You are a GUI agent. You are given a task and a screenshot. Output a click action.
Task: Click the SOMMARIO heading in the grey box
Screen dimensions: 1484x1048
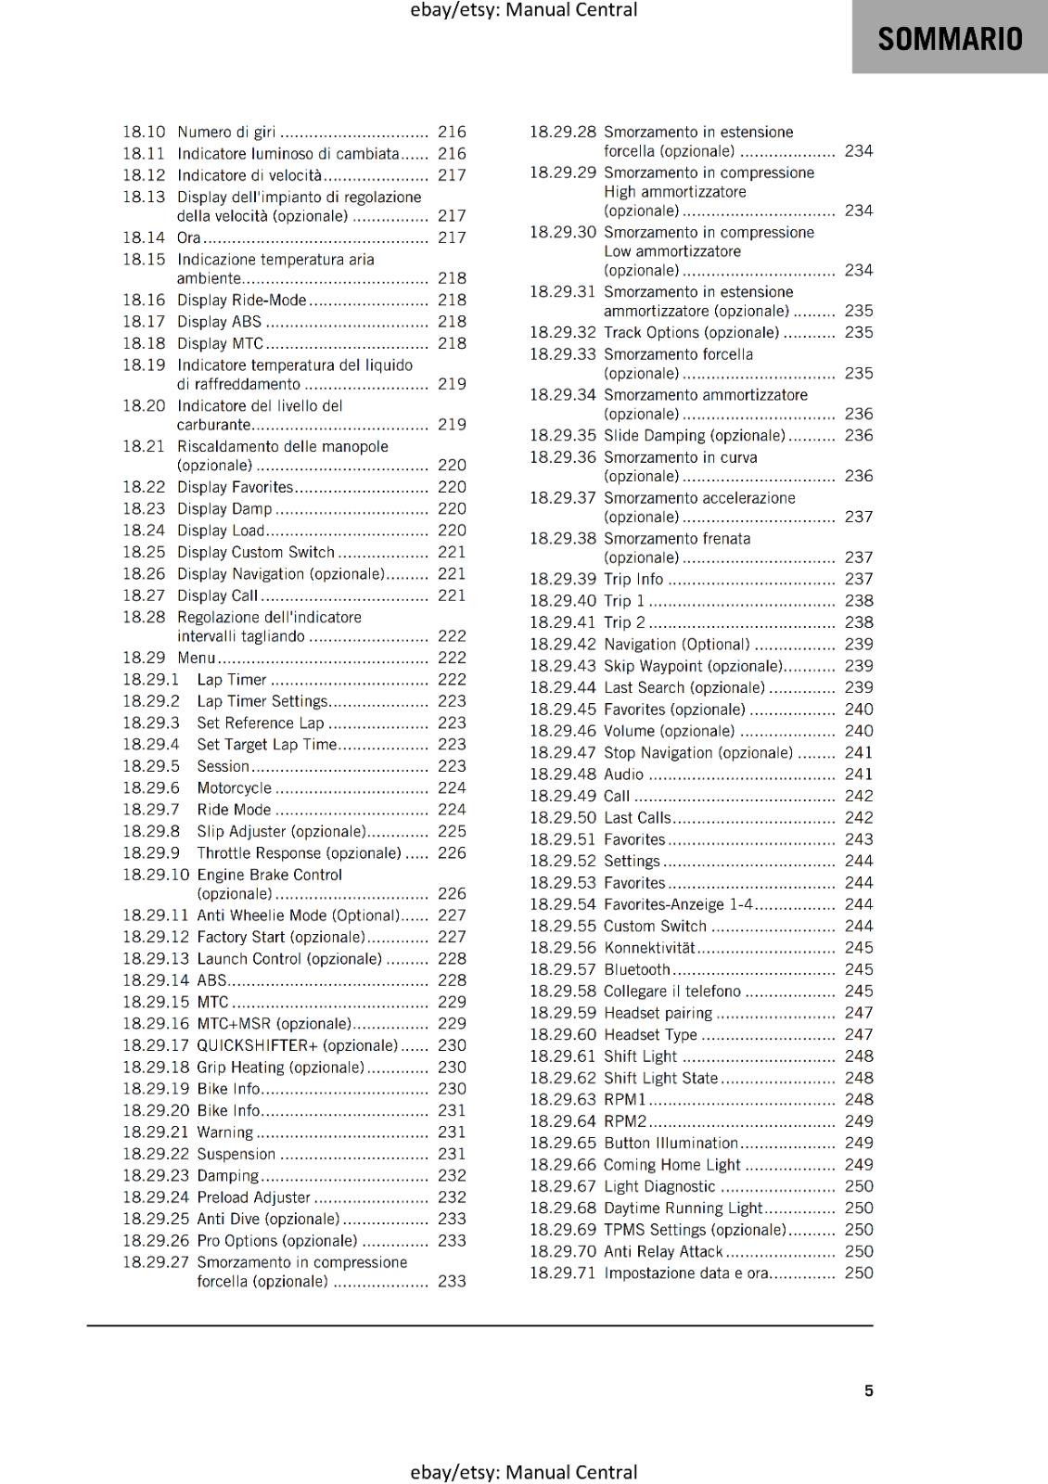tap(950, 39)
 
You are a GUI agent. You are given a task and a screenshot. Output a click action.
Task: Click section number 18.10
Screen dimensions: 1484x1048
tap(144, 133)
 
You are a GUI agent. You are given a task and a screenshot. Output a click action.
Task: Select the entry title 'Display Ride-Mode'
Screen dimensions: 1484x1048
tap(241, 301)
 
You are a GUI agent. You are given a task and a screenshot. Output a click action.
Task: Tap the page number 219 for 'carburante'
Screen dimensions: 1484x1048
tap(452, 425)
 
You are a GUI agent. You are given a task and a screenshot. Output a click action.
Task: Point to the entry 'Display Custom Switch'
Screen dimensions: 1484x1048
tap(255, 553)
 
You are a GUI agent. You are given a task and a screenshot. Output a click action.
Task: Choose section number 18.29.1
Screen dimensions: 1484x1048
tap(150, 680)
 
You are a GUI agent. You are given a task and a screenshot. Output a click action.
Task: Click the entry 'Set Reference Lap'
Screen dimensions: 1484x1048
tap(260, 723)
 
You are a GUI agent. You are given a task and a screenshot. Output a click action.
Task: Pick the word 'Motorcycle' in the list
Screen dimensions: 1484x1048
tap(234, 788)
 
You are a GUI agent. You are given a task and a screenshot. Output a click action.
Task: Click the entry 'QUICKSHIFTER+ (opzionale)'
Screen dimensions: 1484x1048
tap(297, 1046)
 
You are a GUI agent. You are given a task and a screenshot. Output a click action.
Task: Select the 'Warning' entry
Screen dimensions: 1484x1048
tap(224, 1132)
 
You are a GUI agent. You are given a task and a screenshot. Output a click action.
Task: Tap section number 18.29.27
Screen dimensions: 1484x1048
tap(155, 1263)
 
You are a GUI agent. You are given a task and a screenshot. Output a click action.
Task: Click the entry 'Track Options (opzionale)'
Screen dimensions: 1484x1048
tap(691, 333)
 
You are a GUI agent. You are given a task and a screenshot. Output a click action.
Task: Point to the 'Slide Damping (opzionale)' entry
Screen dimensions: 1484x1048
tap(694, 436)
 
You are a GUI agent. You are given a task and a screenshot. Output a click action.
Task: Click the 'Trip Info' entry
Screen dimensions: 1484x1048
tap(633, 580)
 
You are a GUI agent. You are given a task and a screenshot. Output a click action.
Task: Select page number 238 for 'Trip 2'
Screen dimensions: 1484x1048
tap(859, 623)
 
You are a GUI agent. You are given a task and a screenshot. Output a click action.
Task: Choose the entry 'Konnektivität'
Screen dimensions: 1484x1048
tap(649, 948)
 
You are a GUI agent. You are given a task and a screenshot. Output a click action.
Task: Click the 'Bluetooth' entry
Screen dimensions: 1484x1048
tap(636, 970)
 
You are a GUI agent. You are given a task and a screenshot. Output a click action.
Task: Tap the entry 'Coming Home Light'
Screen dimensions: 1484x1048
tap(671, 1165)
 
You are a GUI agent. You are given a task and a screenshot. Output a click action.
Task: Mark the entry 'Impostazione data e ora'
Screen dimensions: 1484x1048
tap(685, 1273)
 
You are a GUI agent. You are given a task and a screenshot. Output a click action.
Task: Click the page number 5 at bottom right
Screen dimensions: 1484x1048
tap(869, 1391)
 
